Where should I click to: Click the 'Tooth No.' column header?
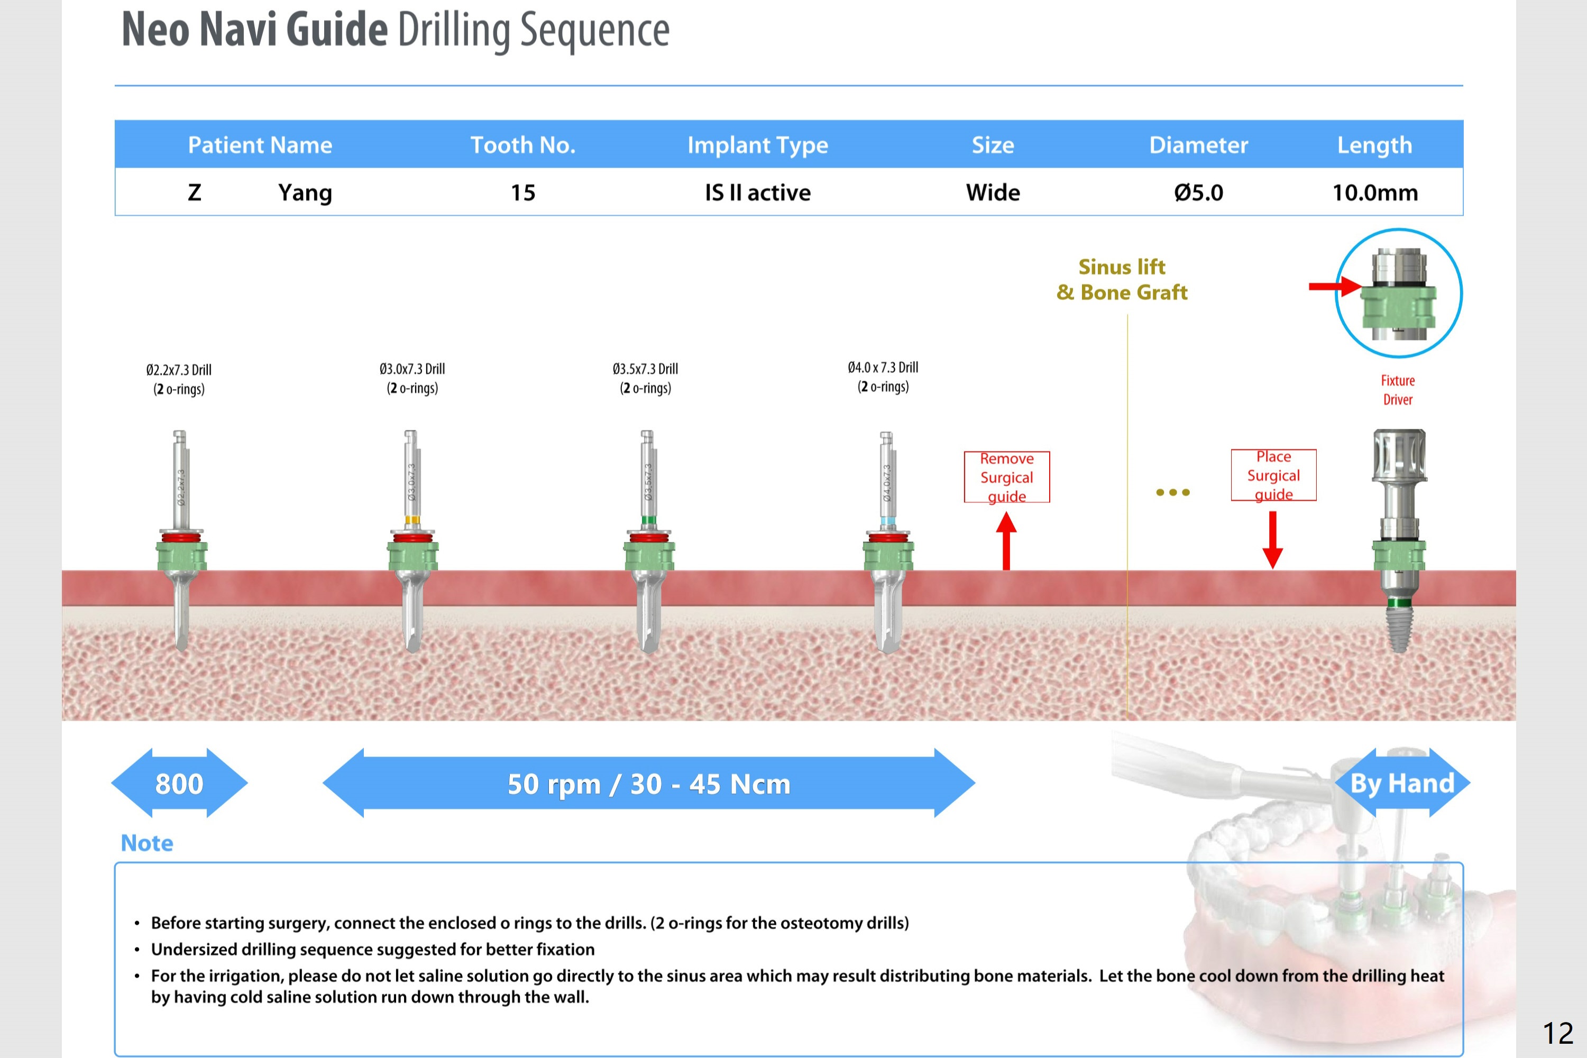tap(523, 145)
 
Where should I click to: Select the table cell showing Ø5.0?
tap(1198, 193)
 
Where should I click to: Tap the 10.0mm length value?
tap(1374, 193)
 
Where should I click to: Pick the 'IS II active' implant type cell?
tap(757, 193)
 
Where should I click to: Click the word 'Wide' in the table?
tap(993, 193)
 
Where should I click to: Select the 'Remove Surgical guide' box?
tap(1007, 477)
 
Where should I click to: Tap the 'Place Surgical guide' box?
tap(1273, 475)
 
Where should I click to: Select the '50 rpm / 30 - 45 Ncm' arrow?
tap(648, 784)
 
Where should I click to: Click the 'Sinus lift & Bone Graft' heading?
tap(1122, 279)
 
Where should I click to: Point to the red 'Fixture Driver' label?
tap(1397, 390)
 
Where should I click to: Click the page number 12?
tap(1558, 1033)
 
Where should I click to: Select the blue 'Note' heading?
tap(147, 843)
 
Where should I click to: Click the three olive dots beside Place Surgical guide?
tap(1173, 493)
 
